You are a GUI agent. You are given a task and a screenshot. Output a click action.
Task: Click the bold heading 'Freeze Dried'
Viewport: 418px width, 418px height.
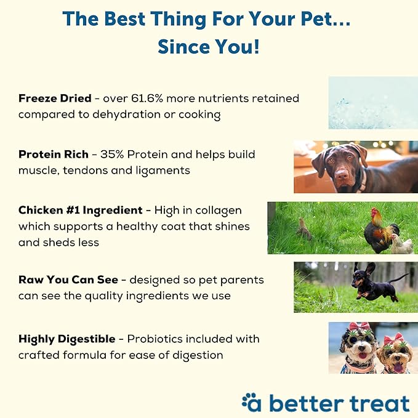click(x=54, y=98)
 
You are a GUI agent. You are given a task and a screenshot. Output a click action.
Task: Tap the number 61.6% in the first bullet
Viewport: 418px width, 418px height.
click(x=168, y=98)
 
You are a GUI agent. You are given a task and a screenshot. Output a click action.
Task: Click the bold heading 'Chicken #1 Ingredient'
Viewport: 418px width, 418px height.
click(x=82, y=211)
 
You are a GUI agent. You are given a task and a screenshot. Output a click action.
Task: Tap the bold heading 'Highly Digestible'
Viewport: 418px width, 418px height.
click(x=66, y=339)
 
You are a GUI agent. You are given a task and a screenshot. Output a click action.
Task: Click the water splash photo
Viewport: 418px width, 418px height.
click(x=372, y=102)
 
